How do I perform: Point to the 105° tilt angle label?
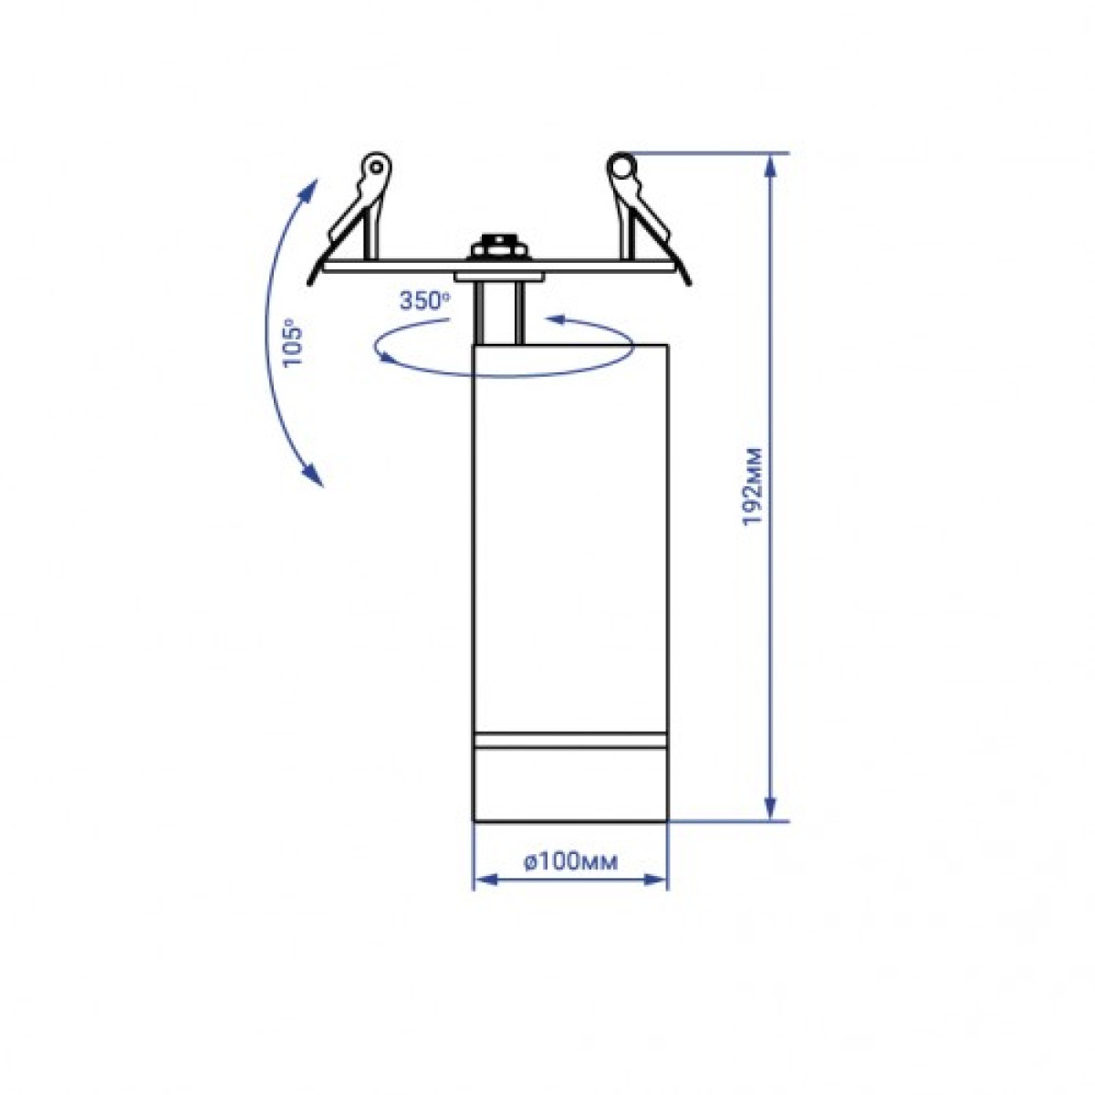[x=294, y=343]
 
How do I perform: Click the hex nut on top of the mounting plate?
[x=498, y=246]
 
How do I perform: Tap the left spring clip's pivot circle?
[x=375, y=167]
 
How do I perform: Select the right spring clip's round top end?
[x=621, y=166]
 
